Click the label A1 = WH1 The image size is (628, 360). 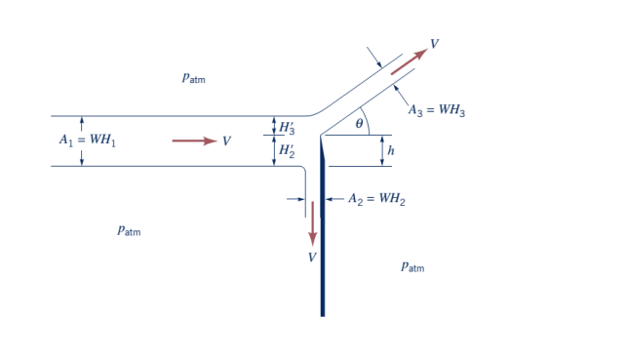tap(87, 141)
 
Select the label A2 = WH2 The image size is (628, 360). tap(376, 199)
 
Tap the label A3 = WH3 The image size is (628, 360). tap(436, 110)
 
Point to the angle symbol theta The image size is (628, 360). tap(359, 124)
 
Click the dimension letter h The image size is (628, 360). tap(391, 150)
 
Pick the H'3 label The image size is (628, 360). tap(288, 127)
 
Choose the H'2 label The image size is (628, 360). tap(288, 151)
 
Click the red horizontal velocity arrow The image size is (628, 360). tap(194, 141)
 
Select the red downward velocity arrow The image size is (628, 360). tap(313, 223)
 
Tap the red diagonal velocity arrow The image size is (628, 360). tap(408, 60)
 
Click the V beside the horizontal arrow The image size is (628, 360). tap(226, 141)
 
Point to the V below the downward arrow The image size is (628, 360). tap(312, 257)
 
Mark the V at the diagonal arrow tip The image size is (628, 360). tap(434, 44)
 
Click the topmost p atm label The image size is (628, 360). tap(193, 78)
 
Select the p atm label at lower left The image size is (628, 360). tap(128, 231)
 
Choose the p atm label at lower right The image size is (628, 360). tap(412, 266)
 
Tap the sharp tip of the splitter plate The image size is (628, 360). tap(321, 138)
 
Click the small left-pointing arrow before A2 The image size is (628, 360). tap(334, 199)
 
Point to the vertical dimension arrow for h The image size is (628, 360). tap(381, 150)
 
